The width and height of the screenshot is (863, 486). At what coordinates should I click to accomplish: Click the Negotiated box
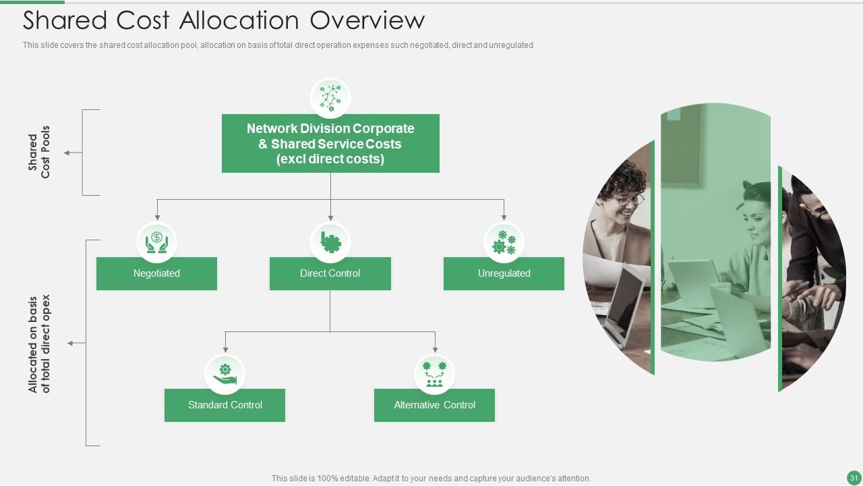156,273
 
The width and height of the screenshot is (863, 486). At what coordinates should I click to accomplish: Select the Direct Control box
330,273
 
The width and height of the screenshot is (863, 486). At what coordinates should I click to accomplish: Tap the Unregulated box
504,273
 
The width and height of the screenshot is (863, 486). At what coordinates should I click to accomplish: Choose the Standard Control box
225,405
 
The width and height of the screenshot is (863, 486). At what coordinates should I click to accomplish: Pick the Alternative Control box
434,405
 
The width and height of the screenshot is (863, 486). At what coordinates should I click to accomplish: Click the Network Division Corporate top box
330,143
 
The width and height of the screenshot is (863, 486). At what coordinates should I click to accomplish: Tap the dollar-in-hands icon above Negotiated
156,242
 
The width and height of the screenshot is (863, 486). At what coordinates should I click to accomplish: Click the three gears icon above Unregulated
504,242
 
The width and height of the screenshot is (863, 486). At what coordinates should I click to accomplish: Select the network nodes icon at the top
330,98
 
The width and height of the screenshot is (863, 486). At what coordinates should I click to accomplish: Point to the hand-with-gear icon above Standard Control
225,374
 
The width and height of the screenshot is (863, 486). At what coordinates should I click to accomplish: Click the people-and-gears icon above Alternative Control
434,374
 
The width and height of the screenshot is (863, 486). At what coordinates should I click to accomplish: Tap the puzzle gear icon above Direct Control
330,242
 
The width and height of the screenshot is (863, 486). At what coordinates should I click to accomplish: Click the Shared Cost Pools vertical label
39,153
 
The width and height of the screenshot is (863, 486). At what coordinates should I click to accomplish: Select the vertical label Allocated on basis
39,343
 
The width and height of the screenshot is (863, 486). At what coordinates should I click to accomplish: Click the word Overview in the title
367,20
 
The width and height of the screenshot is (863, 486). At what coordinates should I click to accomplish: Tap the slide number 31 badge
854,478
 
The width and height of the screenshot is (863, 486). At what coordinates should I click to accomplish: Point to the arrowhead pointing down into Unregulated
504,217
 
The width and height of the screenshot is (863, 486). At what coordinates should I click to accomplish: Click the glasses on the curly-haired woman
630,199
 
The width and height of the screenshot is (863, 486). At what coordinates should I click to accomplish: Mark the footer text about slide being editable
431,478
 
